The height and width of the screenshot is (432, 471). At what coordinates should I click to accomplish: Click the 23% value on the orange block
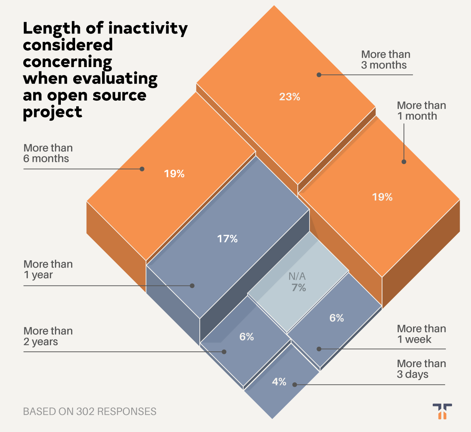pyautogui.click(x=289, y=97)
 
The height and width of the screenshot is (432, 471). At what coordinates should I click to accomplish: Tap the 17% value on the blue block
pyautogui.click(x=227, y=239)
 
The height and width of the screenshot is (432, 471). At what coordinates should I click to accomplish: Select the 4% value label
pyautogui.click(x=279, y=382)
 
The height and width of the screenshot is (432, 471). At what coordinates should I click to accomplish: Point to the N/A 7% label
pyautogui.click(x=297, y=282)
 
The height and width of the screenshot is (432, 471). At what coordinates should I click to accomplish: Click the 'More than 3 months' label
pyautogui.click(x=386, y=60)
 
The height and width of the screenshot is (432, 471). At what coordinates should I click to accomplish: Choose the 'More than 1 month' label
pyautogui.click(x=421, y=110)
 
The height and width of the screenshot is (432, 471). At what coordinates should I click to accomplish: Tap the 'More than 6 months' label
pyautogui.click(x=48, y=153)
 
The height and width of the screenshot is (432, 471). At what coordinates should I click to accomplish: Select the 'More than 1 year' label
pyautogui.click(x=48, y=269)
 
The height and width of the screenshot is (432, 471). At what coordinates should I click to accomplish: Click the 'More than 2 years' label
pyautogui.click(x=48, y=336)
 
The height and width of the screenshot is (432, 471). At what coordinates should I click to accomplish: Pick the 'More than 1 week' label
pyautogui.click(x=421, y=334)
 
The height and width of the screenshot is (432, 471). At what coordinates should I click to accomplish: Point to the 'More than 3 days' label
pyautogui.click(x=421, y=369)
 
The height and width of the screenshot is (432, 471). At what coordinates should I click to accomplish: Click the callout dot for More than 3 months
pyautogui.click(x=319, y=75)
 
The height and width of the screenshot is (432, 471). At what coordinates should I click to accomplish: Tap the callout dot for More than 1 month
pyautogui.click(x=404, y=161)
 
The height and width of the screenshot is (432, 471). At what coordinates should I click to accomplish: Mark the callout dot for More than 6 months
pyautogui.click(x=142, y=169)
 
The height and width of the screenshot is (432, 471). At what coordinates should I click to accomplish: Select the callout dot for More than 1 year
pyautogui.click(x=192, y=286)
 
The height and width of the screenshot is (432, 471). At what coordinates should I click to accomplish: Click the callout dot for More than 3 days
pyautogui.click(x=295, y=385)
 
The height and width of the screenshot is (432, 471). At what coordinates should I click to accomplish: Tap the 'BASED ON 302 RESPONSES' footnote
pyautogui.click(x=90, y=412)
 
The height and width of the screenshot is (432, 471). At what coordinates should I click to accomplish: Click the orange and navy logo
pyautogui.click(x=442, y=411)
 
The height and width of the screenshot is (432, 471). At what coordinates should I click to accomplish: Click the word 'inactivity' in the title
pyautogui.click(x=148, y=29)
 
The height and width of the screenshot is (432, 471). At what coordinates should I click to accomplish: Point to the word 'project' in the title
pyautogui.click(x=52, y=112)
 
